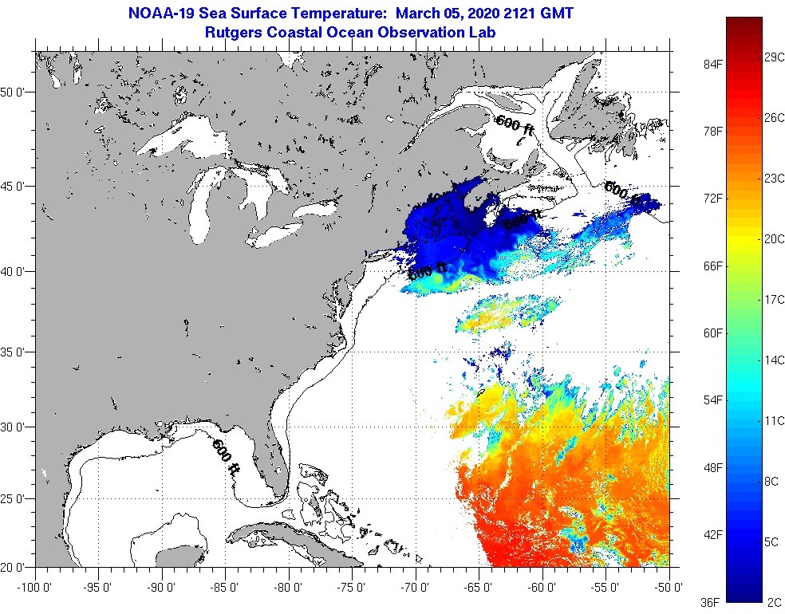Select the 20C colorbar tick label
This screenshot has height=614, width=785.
pos(775,238)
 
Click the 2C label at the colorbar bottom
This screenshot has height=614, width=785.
pos(771,601)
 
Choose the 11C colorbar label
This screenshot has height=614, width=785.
pos(775,420)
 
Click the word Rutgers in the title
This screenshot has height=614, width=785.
pos(235,32)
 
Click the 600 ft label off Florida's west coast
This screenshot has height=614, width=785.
pos(226,457)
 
